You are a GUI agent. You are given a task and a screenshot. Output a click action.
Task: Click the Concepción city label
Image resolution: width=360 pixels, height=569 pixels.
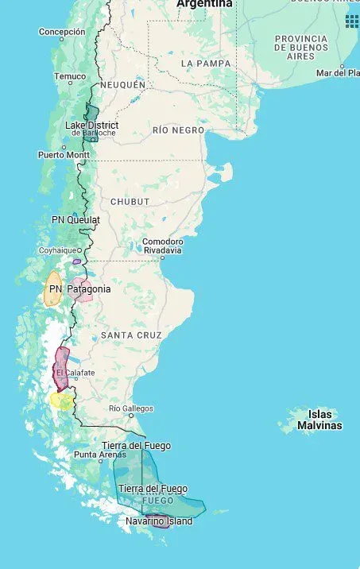pyautogui.click(x=62, y=32)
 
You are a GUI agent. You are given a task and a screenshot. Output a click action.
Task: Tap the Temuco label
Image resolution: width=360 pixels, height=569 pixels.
pyautogui.click(x=69, y=76)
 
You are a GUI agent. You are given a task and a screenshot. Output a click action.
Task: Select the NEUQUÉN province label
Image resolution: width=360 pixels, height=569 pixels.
pyautogui.click(x=122, y=84)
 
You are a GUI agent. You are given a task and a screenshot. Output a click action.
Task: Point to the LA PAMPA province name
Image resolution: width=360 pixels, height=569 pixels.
pyautogui.click(x=206, y=64)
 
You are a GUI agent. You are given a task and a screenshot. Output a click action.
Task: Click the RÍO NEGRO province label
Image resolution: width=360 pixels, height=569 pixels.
pyautogui.click(x=178, y=130)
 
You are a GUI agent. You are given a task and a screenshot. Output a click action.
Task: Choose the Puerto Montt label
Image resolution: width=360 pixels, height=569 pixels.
pyautogui.click(x=64, y=154)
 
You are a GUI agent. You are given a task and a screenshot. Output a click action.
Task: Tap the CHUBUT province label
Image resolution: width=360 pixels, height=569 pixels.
pyautogui.click(x=130, y=202)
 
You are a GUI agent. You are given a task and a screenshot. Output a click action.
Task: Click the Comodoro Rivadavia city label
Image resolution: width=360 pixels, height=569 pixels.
pyautogui.click(x=162, y=246)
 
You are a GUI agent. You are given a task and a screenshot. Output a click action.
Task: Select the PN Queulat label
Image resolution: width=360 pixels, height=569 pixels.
pyautogui.click(x=75, y=219)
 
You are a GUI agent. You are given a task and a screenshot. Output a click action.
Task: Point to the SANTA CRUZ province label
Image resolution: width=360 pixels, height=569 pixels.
pyautogui.click(x=131, y=335)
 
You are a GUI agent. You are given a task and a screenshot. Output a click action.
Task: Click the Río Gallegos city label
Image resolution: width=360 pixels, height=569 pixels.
pyautogui.click(x=131, y=408)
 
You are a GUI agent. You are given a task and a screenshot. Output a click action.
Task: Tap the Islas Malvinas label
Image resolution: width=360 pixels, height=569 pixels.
pyautogui.click(x=319, y=420)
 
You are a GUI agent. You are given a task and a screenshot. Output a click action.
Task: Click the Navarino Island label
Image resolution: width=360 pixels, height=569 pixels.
pyautogui.click(x=159, y=521)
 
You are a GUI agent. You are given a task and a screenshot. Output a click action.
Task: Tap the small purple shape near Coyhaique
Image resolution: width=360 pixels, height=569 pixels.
pyautogui.click(x=77, y=261)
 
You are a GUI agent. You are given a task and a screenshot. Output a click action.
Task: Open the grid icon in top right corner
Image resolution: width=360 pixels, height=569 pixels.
pyautogui.click(x=351, y=21)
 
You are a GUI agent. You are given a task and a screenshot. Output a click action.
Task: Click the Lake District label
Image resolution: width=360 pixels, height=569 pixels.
pyautogui.click(x=91, y=126)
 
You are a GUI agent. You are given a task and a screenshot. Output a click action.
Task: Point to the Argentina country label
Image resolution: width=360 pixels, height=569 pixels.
pyautogui.click(x=205, y=4)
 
